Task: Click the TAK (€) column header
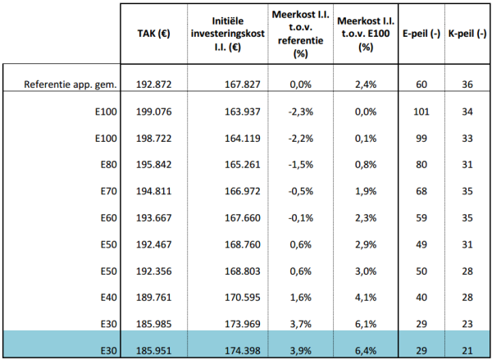pyautogui.click(x=154, y=34)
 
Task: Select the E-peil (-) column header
pyautogui.click(x=421, y=34)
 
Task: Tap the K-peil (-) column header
pyautogui.click(x=467, y=34)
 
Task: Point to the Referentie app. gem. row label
pyautogui.click(x=71, y=84)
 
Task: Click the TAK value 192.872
pyautogui.click(x=154, y=84)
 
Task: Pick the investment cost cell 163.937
pyautogui.click(x=243, y=112)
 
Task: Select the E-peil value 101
pyautogui.click(x=421, y=112)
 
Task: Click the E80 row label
pyautogui.click(x=108, y=165)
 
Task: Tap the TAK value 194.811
pyautogui.click(x=154, y=191)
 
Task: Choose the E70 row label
pyautogui.click(x=108, y=191)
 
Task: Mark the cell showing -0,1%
pyautogui.click(x=301, y=218)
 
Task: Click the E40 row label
pyautogui.click(x=108, y=297)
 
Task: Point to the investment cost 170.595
pyautogui.click(x=243, y=297)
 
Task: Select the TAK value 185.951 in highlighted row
pyautogui.click(x=154, y=351)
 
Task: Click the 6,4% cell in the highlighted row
pyautogui.click(x=366, y=351)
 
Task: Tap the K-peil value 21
pyautogui.click(x=467, y=351)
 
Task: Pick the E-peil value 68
pyautogui.click(x=421, y=191)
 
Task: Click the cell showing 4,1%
pyautogui.click(x=366, y=297)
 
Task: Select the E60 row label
pyautogui.click(x=108, y=218)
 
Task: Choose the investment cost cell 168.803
pyautogui.click(x=243, y=271)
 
